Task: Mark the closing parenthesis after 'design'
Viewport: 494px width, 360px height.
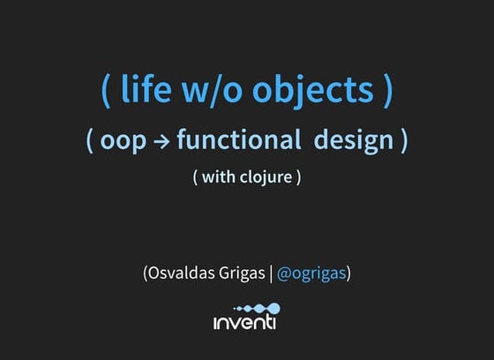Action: point(403,141)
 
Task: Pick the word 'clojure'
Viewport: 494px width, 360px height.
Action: point(266,176)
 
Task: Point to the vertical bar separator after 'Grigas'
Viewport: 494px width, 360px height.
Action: point(271,274)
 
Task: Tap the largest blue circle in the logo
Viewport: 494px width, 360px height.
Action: point(273,309)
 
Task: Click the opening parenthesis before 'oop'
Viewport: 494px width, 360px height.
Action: point(90,141)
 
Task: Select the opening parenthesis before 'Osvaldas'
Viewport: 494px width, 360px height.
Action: point(145,274)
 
